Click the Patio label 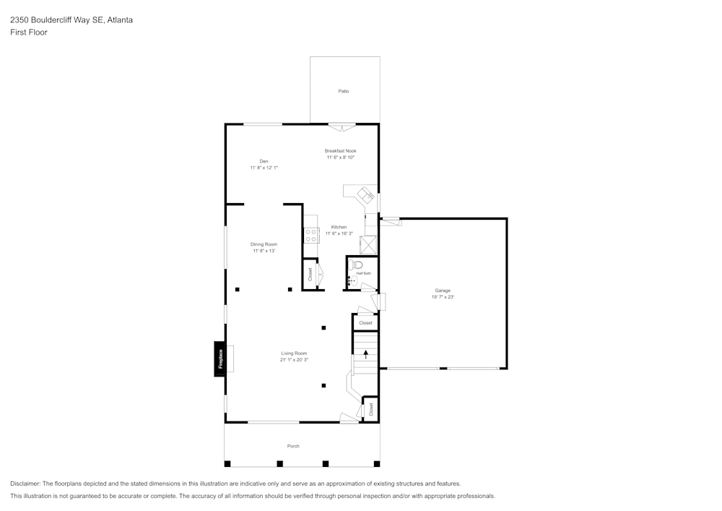(344, 91)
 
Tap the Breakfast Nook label (340, 151)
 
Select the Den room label (264, 161)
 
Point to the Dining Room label (264, 244)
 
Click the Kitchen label (339, 227)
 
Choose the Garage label (443, 291)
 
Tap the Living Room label (294, 353)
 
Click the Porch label (293, 446)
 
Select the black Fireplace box (220, 358)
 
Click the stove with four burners (312, 235)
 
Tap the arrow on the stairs (366, 353)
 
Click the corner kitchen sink (367, 194)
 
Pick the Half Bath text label (363, 273)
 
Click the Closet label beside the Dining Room (310, 275)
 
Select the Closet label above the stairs (365, 323)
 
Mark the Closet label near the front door (370, 408)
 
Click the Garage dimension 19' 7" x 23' (443, 297)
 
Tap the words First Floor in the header (29, 33)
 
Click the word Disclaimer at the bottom (25, 484)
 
